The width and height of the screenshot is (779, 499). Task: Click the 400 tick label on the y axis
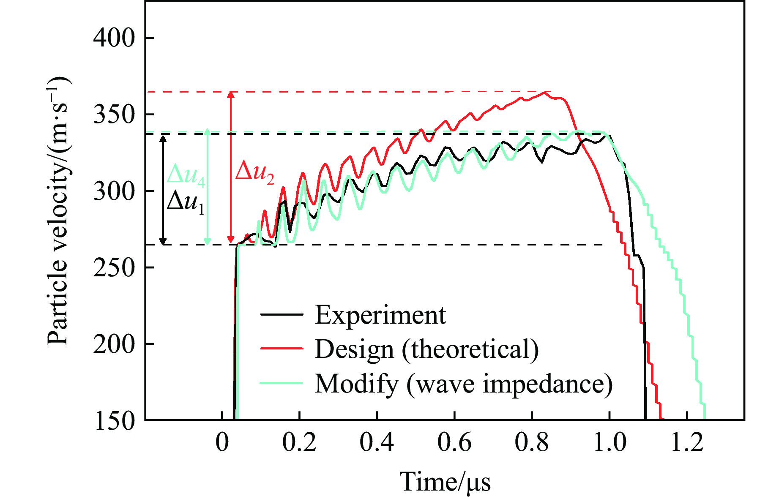(x=114, y=38)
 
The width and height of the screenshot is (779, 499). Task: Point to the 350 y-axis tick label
(x=114, y=115)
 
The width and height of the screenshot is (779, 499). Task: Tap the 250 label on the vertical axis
(x=114, y=267)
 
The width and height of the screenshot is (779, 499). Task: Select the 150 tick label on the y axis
(x=114, y=421)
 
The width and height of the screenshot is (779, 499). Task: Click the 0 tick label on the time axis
(x=222, y=442)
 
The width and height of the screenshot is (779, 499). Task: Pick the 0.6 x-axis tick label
(x=454, y=442)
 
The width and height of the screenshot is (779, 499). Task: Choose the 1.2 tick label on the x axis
(x=687, y=442)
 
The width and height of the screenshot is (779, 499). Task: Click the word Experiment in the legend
(x=380, y=315)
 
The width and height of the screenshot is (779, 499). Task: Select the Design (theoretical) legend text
(x=426, y=349)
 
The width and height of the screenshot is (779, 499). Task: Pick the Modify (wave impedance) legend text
(x=463, y=384)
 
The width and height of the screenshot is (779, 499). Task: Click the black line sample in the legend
(x=282, y=315)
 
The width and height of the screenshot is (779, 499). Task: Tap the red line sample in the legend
(x=282, y=349)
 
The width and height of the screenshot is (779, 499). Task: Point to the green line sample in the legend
(x=282, y=383)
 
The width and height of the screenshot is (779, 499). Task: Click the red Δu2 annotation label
(x=254, y=173)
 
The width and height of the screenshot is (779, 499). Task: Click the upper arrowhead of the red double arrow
(x=230, y=95)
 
